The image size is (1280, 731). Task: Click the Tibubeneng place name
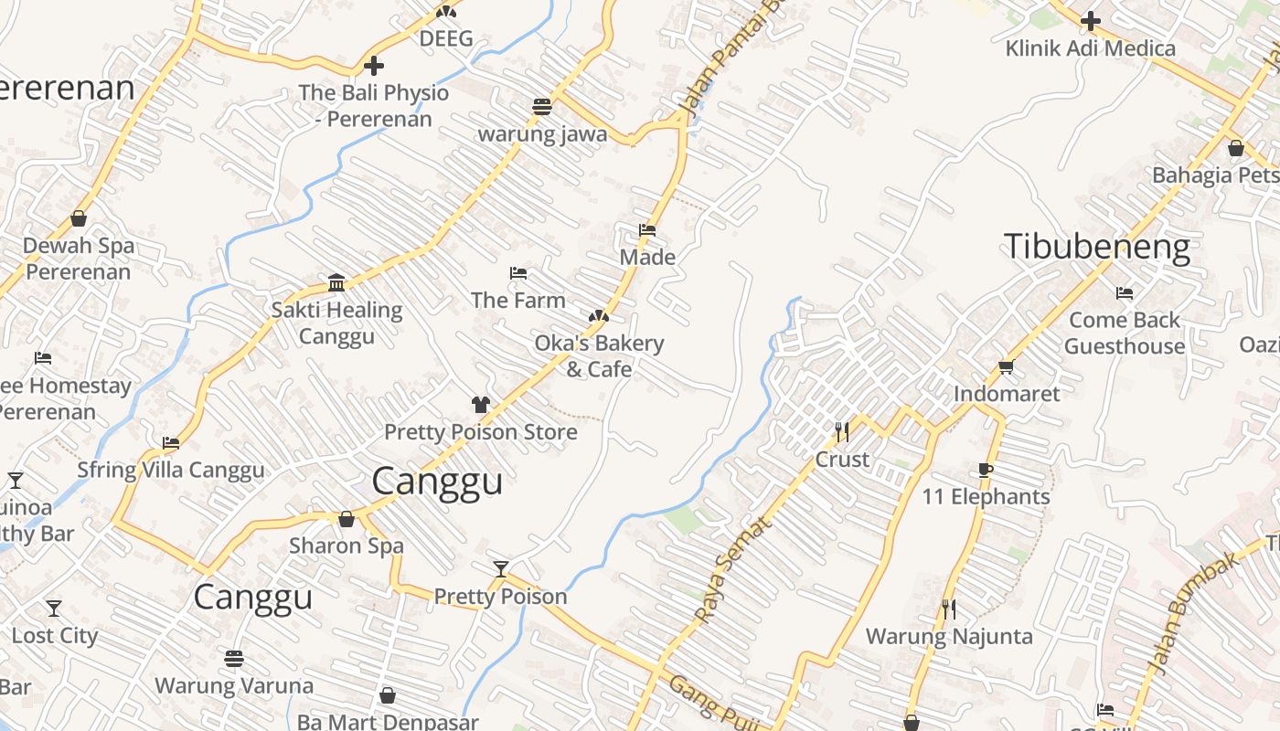[1096, 248]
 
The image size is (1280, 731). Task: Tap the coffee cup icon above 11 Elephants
[985, 471]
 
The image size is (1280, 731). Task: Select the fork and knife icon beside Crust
[842, 431]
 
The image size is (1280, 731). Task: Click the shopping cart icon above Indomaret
[1006, 367]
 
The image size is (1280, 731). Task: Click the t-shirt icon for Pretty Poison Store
[481, 405]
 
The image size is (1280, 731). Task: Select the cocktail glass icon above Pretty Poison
[500, 569]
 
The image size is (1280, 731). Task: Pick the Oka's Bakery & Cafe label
[599, 356]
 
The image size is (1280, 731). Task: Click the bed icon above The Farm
[518, 273]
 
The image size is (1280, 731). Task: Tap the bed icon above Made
[647, 230]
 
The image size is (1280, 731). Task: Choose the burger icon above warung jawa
[542, 107]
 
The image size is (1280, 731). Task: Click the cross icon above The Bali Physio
[373, 66]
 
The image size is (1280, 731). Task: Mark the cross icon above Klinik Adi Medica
[1090, 21]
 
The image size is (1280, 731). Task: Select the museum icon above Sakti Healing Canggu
[336, 282]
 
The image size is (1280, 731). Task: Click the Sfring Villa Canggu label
[171, 471]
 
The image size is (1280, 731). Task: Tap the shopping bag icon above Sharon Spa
[347, 519]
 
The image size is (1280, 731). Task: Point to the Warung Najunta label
[949, 636]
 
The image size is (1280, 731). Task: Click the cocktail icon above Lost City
[54, 609]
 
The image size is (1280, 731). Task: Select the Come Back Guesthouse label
[1125, 334]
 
